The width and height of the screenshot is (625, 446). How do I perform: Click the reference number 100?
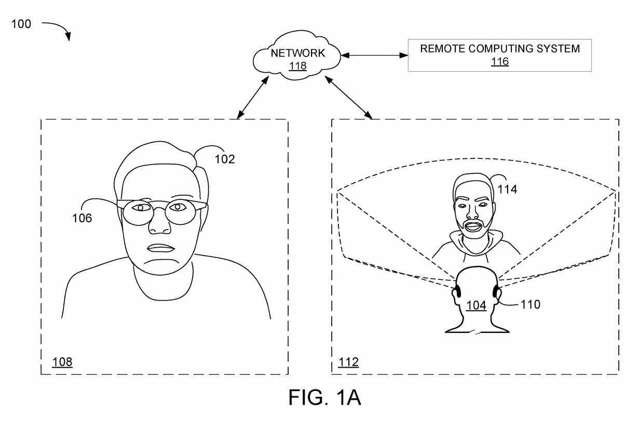tap(21, 24)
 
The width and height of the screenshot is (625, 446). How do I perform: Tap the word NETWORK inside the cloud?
tap(298, 53)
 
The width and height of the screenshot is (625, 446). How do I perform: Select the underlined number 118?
tap(298, 66)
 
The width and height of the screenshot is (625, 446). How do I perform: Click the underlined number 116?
tap(500, 61)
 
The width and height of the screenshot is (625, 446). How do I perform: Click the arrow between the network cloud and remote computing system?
tap(374, 55)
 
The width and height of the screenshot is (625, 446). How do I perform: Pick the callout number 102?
tap(225, 159)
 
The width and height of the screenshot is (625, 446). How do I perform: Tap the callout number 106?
tap(81, 218)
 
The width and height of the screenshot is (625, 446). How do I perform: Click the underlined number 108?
tap(62, 362)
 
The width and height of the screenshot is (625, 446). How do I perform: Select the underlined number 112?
tap(348, 362)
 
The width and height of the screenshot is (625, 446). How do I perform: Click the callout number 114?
tap(507, 190)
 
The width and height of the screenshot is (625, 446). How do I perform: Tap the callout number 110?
tap(531, 304)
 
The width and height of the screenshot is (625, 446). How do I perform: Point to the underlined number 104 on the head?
tap(477, 305)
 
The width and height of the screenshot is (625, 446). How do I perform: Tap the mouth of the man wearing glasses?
tap(161, 248)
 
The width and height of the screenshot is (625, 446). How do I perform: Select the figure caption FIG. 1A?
tap(324, 397)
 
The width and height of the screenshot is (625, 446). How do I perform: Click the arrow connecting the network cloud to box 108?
tap(253, 98)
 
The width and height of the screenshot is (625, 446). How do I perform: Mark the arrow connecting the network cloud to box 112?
tap(348, 98)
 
